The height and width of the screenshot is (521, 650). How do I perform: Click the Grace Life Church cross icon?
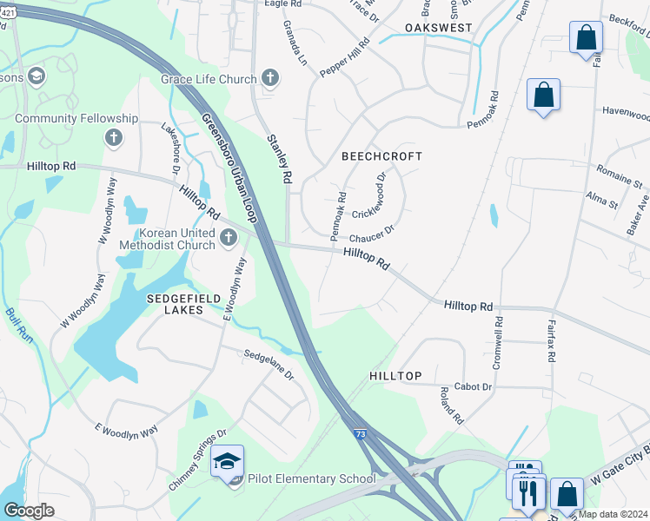[x=270, y=79]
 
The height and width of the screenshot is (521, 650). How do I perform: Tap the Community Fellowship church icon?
[x=112, y=137]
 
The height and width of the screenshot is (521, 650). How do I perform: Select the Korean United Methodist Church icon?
[x=229, y=237]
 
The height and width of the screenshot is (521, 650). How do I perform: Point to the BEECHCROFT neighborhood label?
[x=381, y=156]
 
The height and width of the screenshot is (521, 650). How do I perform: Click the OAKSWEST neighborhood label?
[x=439, y=28]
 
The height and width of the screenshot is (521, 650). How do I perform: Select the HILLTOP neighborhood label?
[x=395, y=376]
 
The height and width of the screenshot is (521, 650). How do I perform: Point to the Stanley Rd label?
[x=278, y=158]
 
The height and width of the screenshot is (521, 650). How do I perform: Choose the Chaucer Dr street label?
[x=372, y=234]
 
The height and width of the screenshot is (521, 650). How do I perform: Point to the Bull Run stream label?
[x=19, y=326]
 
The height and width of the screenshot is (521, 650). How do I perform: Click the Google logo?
[x=29, y=511]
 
